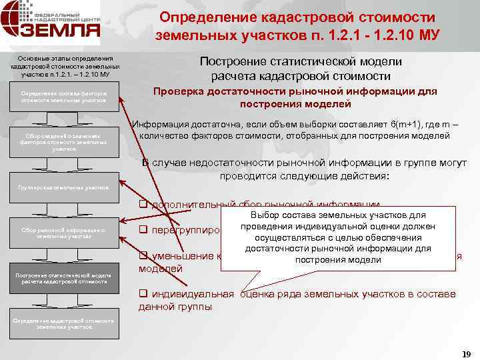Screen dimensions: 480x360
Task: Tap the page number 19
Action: tap(465, 353)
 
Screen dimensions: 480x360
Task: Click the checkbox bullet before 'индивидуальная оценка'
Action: tap(143, 294)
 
